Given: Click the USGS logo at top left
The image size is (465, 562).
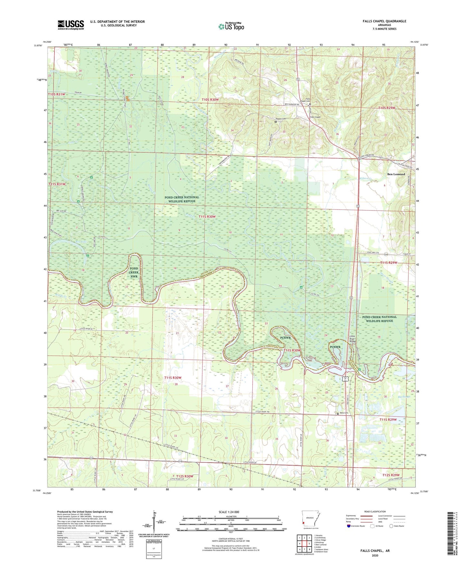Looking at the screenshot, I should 70,25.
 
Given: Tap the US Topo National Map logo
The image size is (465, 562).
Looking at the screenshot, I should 231,26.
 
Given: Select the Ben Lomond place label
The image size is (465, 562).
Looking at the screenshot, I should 396,174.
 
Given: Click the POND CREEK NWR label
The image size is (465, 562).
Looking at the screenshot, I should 134,272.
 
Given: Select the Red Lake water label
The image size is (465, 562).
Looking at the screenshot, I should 81,241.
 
